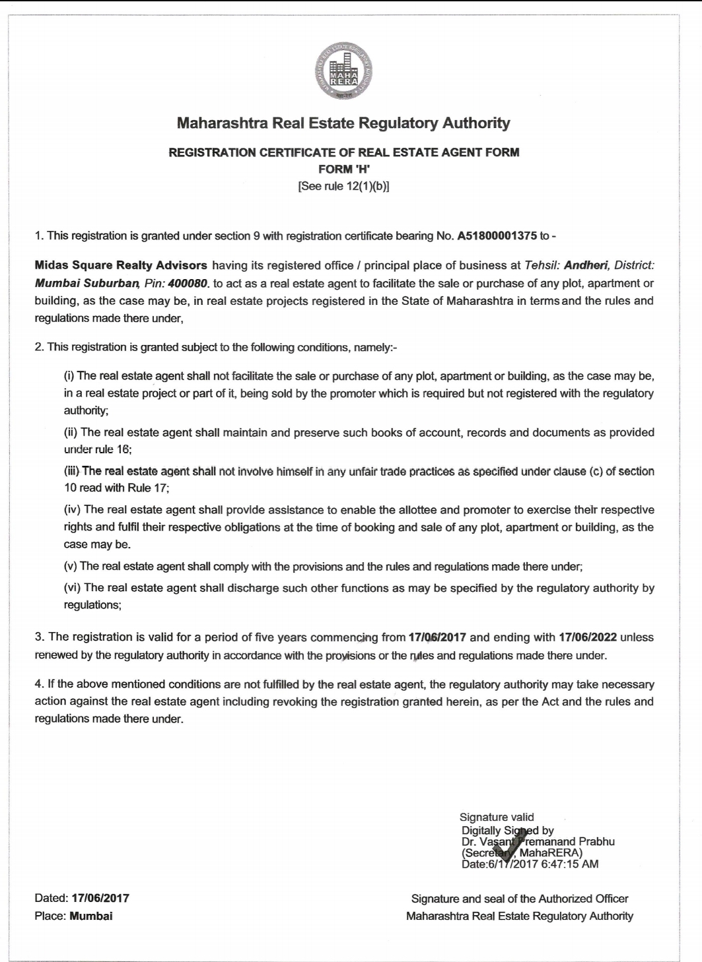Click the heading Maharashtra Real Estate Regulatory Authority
(x=343, y=123)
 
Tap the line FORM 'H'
(x=343, y=169)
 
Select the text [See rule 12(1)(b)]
(x=343, y=186)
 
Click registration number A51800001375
(x=497, y=236)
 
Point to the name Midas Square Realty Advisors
(x=121, y=266)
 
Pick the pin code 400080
(x=189, y=284)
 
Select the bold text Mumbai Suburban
(x=86, y=284)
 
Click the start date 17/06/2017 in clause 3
(x=437, y=637)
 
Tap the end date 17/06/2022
(x=588, y=637)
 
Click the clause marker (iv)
(x=72, y=510)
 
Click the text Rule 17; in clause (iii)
(x=151, y=488)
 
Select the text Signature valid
(x=497, y=818)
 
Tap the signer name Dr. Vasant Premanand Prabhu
(x=538, y=841)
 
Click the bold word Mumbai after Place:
(x=91, y=916)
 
